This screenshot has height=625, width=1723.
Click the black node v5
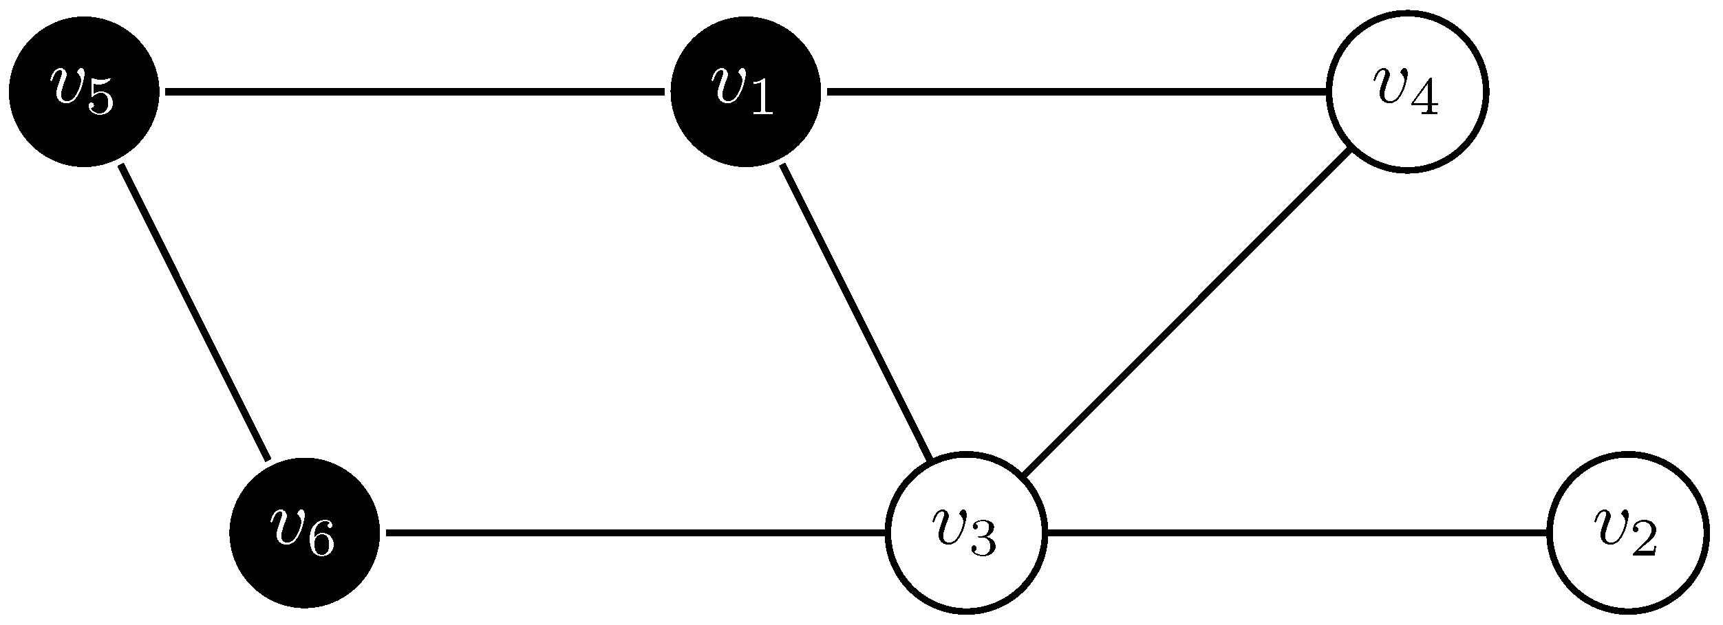click(83, 91)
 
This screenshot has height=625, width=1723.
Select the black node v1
click(745, 91)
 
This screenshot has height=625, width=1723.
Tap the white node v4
click(1407, 91)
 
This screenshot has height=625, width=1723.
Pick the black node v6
click(304, 532)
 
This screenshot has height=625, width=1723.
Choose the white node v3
click(966, 532)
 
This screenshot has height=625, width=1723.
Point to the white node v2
click(1628, 532)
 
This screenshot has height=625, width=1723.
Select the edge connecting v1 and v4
click(1077, 91)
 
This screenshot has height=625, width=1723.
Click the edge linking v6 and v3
click(636, 532)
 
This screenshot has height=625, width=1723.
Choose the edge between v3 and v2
click(1297, 532)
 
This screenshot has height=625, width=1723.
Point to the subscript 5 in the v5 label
click(100, 100)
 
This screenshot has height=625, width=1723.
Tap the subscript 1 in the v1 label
click(762, 100)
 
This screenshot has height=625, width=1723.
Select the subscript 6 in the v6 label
click(321, 542)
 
